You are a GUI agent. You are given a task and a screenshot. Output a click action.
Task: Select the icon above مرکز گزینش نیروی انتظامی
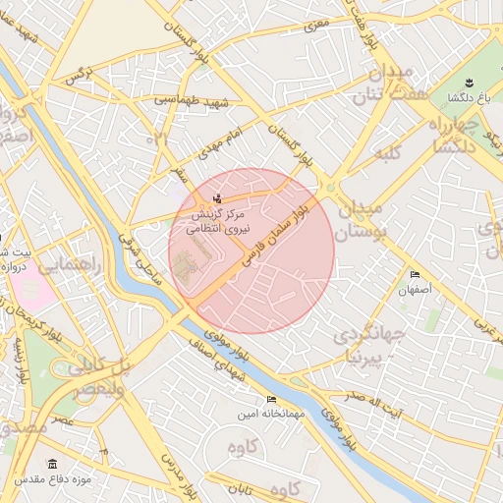click(218, 199)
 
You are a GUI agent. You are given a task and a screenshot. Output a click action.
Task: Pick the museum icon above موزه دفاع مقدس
click(52, 463)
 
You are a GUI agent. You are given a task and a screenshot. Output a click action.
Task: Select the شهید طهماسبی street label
click(191, 101)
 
